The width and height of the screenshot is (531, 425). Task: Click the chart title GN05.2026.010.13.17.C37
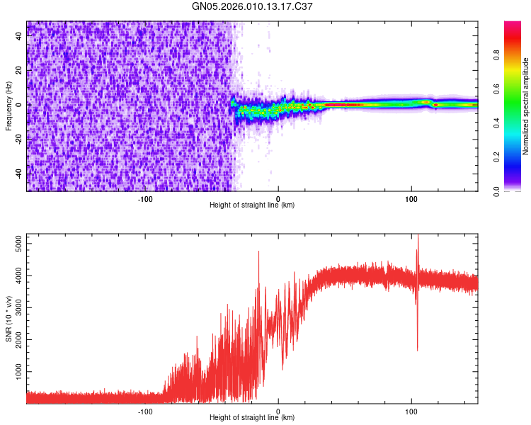253,7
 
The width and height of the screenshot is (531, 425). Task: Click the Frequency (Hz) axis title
8,106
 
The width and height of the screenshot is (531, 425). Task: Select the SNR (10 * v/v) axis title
8,318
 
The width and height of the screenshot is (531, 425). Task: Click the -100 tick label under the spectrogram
145,198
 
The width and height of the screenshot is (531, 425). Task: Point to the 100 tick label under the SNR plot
411,410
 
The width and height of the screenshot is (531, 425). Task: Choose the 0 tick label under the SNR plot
278,410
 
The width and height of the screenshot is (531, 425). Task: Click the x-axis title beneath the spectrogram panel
252,205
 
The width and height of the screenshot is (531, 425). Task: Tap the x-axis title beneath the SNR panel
252,418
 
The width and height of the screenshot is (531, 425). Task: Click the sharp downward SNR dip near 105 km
417,348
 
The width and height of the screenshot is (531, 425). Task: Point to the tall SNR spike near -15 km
258,252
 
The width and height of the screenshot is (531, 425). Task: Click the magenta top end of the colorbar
512,24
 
